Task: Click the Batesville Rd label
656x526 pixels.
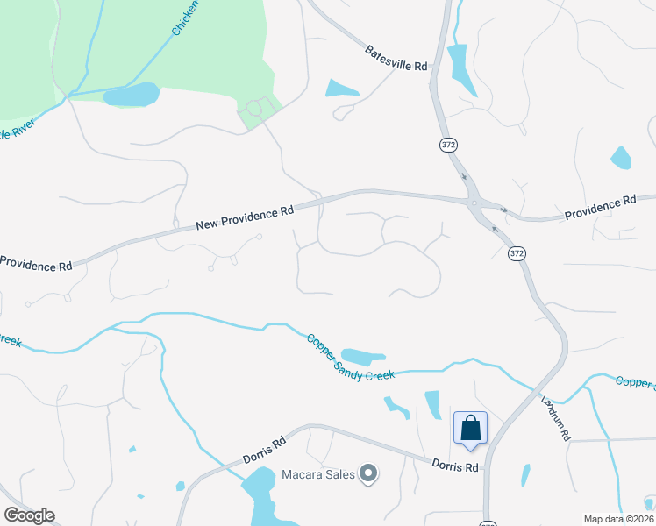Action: [x=396, y=60]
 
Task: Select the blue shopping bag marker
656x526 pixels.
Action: [x=471, y=429]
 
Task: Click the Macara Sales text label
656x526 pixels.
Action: [x=317, y=475]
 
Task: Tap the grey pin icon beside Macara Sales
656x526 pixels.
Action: [x=369, y=475]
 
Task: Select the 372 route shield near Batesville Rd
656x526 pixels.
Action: [x=448, y=143]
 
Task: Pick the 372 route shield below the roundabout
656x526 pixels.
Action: [x=517, y=252]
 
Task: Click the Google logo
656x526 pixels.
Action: [x=29, y=515]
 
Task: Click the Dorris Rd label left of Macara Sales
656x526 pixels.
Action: [x=265, y=452]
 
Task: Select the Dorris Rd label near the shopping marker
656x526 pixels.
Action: [x=455, y=466]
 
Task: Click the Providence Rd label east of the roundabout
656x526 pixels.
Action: [x=600, y=208]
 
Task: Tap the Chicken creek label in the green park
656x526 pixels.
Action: [x=186, y=18]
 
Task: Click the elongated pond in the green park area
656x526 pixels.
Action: [x=132, y=94]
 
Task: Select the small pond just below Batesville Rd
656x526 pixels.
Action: [x=342, y=88]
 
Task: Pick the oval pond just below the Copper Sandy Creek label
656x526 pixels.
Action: [x=362, y=356]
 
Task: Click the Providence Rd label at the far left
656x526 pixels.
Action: [x=36, y=262]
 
